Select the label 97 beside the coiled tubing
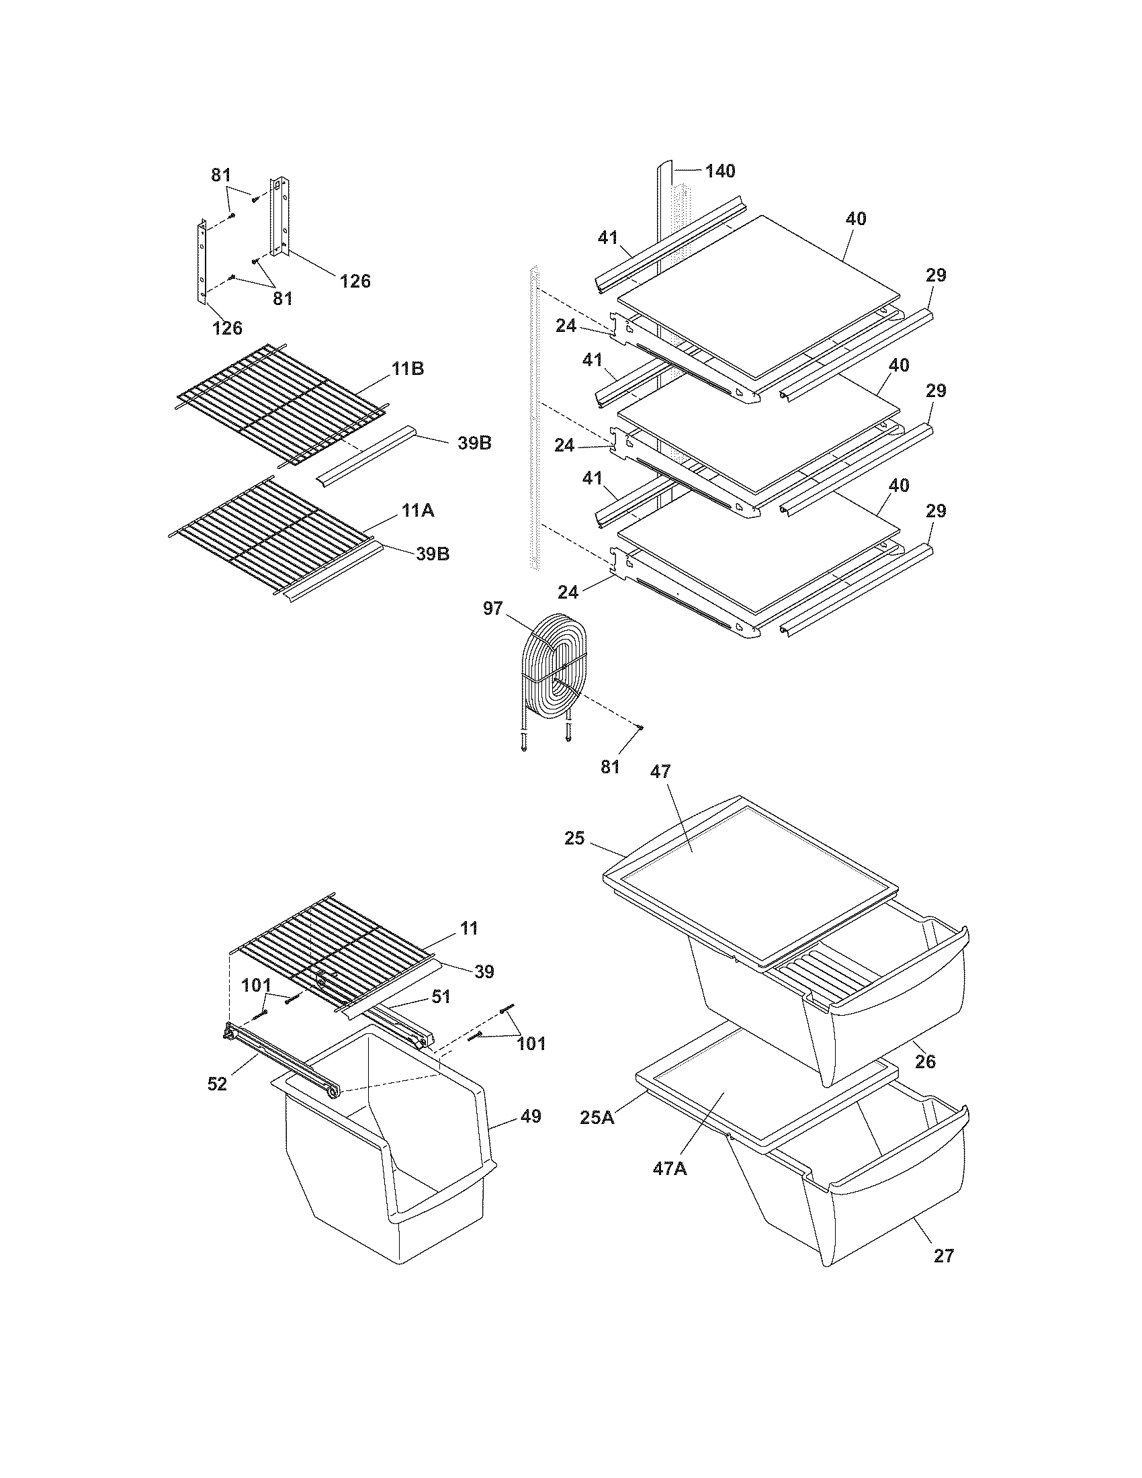pyautogui.click(x=492, y=609)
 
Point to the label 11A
pyautogui.click(x=417, y=511)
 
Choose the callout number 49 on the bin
pyautogui.click(x=531, y=1115)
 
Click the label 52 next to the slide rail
pyautogui.click(x=217, y=1084)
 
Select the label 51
pyautogui.click(x=441, y=996)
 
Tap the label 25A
pyautogui.click(x=597, y=1117)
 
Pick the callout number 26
pyautogui.click(x=925, y=1061)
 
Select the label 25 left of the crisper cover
pyautogui.click(x=574, y=838)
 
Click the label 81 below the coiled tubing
pyautogui.click(x=610, y=767)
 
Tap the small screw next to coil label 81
pyautogui.click(x=640, y=728)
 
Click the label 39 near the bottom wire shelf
pyautogui.click(x=484, y=972)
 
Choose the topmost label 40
pyautogui.click(x=856, y=218)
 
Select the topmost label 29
pyautogui.click(x=936, y=275)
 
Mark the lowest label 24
pyautogui.click(x=568, y=592)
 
